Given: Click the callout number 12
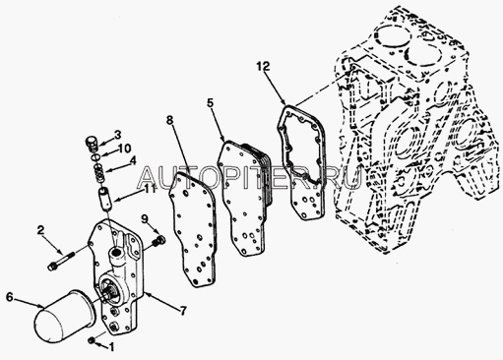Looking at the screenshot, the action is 263,67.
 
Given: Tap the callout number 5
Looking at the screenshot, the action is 211,102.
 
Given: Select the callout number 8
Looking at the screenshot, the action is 169,120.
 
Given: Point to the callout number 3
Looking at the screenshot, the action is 117,135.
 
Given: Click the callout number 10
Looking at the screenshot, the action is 125,149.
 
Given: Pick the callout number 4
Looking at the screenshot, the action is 132,161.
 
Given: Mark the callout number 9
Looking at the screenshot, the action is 145,219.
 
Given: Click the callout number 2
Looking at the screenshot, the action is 40,230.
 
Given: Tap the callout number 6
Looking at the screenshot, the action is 10,297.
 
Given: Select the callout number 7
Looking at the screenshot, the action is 183,310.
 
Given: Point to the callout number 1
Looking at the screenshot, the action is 111,347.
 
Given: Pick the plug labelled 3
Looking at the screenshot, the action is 93,145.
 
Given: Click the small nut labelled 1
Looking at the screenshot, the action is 92,340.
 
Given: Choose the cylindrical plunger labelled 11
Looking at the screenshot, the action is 105,199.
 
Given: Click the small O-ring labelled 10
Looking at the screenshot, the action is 95,157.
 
